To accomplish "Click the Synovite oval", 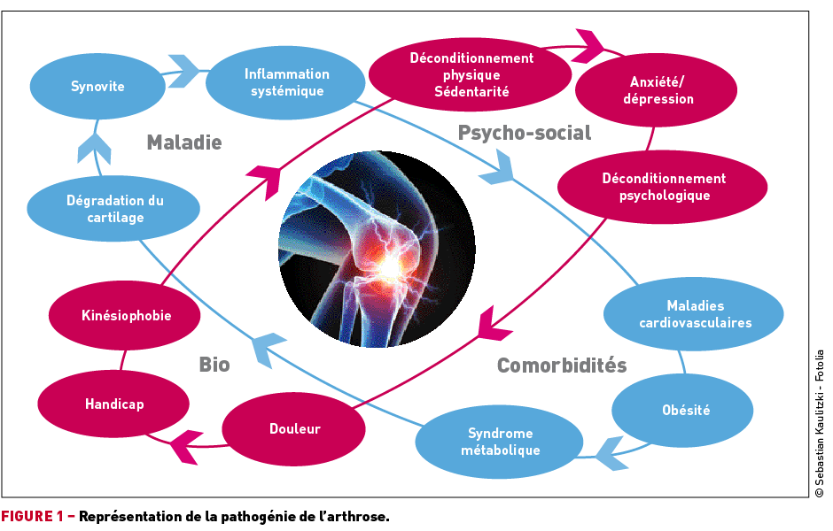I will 97,86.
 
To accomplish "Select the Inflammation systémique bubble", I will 286,82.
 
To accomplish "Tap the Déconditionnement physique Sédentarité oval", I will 471,74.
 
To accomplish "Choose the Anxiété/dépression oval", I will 658,90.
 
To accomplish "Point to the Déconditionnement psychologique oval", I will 663,187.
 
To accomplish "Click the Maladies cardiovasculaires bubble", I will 695,314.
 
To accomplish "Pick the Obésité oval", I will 685,410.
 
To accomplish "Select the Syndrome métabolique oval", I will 500,442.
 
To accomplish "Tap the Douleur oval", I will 294,428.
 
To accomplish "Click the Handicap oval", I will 114,404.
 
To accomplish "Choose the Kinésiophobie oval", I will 126,315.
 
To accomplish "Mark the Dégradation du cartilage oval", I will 115,209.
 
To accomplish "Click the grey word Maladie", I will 183,142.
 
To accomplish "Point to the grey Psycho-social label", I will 524,133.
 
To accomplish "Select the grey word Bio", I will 214,364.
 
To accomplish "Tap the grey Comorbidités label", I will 561,366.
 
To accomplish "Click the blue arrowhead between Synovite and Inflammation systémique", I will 183,71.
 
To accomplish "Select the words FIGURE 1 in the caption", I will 33,516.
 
